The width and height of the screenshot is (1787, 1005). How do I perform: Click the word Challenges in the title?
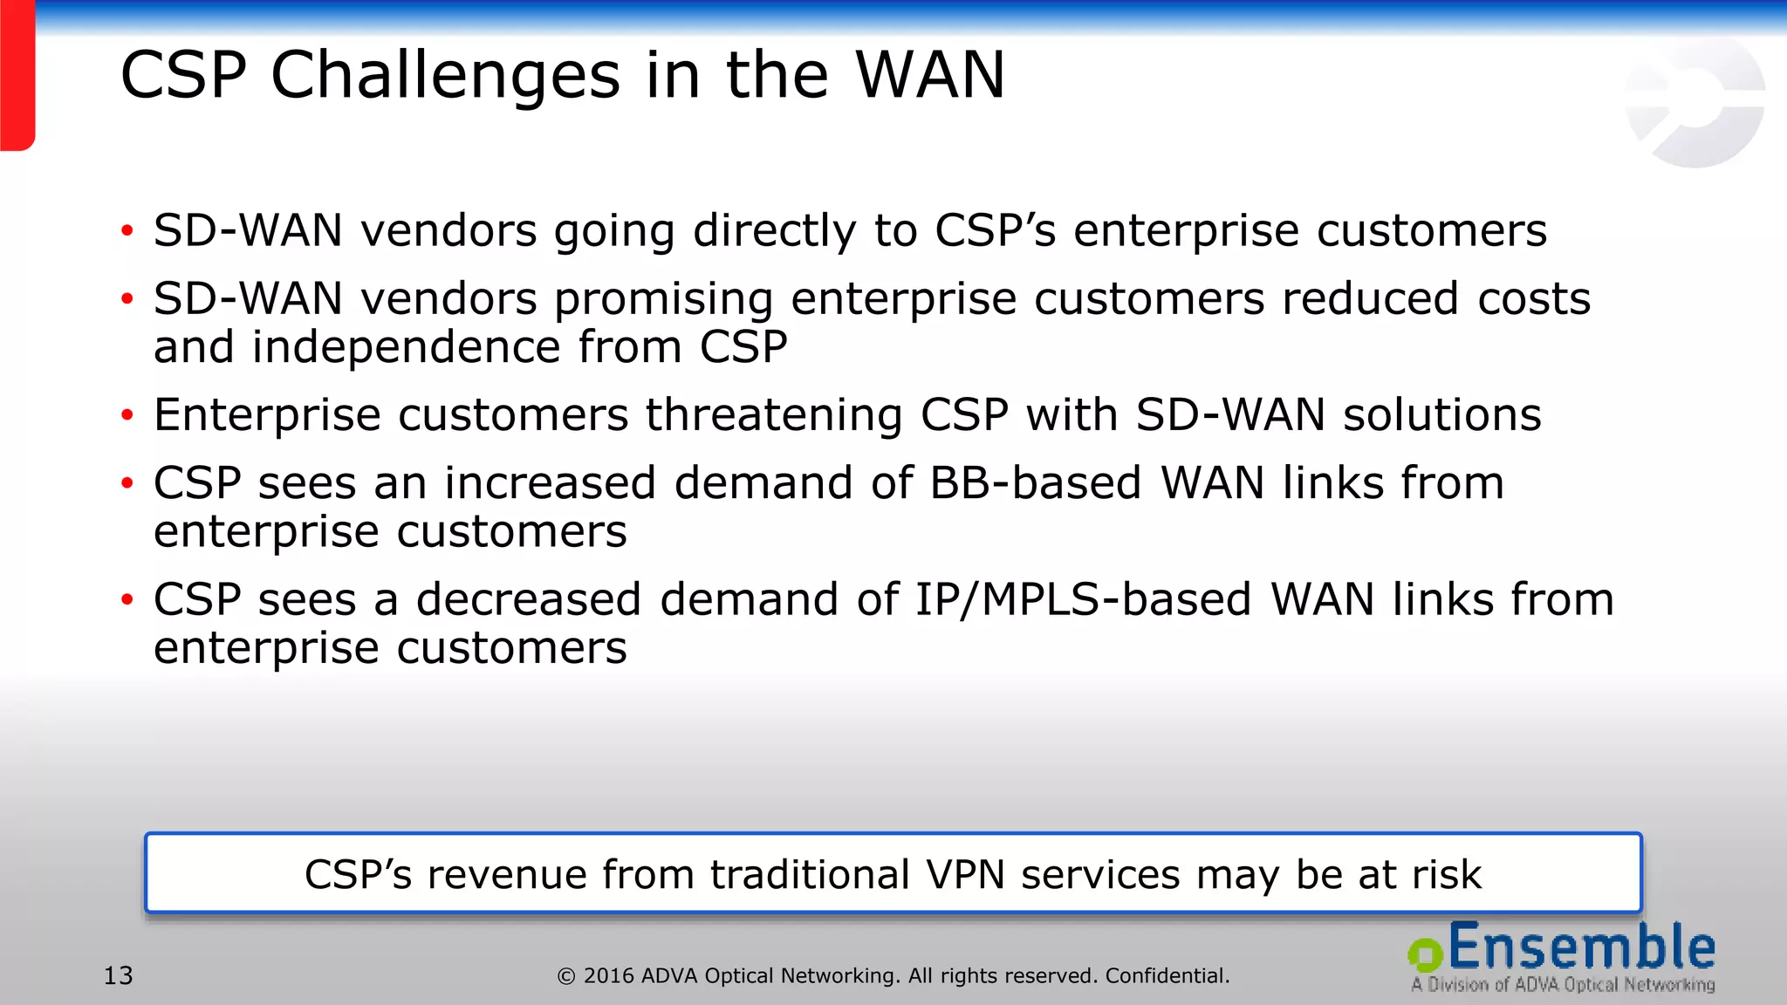tap(445, 77)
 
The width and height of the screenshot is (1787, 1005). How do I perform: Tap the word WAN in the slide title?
tap(930, 75)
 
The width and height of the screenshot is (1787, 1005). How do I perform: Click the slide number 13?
tap(119, 975)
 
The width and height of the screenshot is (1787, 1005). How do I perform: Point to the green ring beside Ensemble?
tap(1426, 954)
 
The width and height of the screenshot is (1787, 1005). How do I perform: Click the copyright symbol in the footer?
tap(566, 976)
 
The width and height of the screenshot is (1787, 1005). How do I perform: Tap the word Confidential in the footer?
tap(1167, 975)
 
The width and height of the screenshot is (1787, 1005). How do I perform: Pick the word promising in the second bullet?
tap(663, 299)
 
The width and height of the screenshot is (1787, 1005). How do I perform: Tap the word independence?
tap(406, 347)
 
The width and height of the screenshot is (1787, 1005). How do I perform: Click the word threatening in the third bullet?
tap(774, 415)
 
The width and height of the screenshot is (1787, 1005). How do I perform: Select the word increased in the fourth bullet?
tap(550, 483)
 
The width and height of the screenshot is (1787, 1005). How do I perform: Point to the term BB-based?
tap(1035, 483)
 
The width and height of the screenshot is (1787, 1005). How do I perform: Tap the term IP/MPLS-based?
tap(1082, 600)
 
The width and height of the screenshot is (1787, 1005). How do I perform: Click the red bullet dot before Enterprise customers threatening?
tap(127, 415)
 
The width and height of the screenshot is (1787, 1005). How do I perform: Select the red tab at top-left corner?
tap(17, 75)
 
